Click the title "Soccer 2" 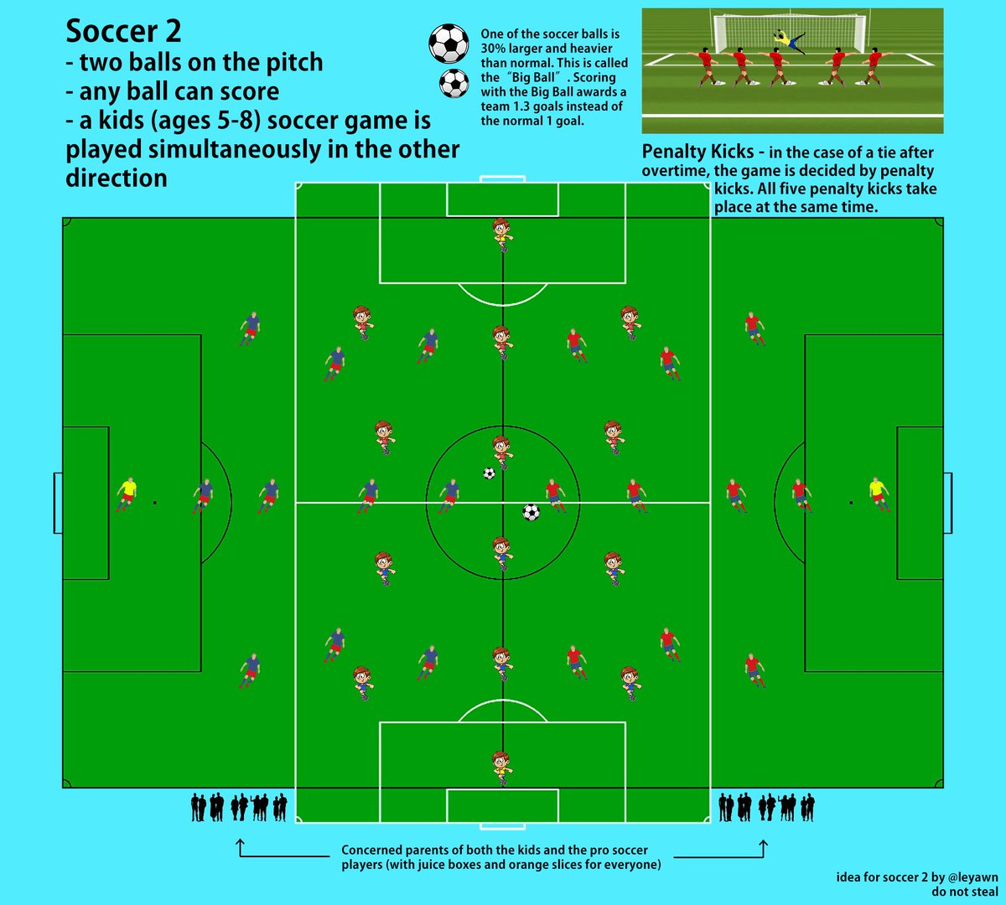point(123,32)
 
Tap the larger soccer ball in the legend point(449,43)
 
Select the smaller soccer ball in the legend point(454,82)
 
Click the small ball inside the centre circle point(490,473)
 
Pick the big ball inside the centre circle point(531,511)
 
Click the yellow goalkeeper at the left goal point(127,494)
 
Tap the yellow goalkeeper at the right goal point(878,494)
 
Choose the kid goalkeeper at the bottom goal point(501,766)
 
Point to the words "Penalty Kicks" point(697,153)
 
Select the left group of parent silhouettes point(239,807)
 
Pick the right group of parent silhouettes point(766,807)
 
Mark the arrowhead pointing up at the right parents point(763,842)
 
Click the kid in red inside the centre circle point(501,451)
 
